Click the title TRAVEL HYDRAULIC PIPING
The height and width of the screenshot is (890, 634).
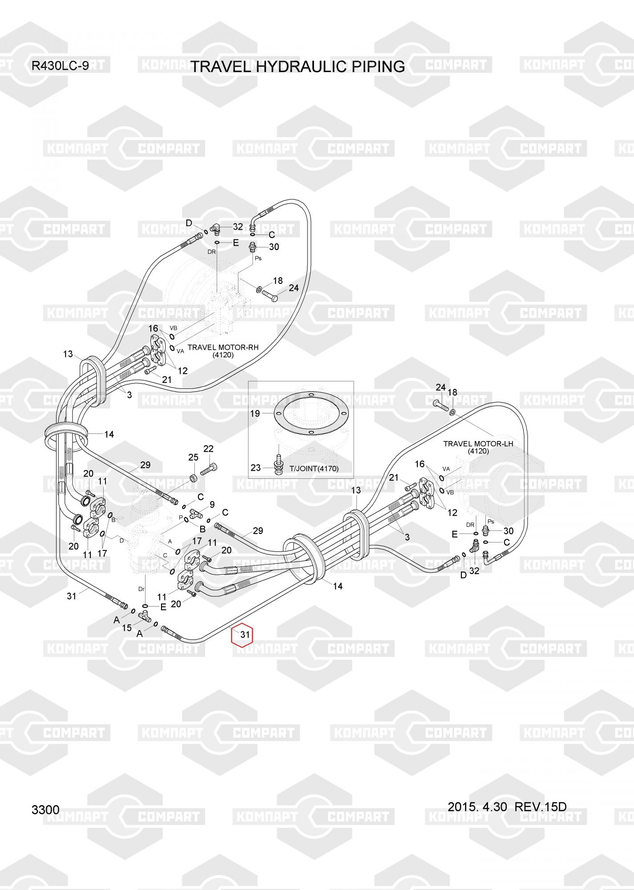pos(298,67)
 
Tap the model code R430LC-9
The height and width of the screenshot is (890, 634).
pos(60,66)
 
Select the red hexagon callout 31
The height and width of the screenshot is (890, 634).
pos(242,635)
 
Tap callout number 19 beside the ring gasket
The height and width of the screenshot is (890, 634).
pos(254,413)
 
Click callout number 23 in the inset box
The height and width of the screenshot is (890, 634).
pos(255,468)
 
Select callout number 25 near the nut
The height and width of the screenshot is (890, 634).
pos(193,457)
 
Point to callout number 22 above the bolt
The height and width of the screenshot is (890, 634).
pos(208,449)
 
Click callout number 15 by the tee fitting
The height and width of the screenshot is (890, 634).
pos(127,627)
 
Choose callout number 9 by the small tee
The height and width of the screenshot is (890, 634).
pos(212,505)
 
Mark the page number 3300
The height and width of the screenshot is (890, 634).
pos(45,809)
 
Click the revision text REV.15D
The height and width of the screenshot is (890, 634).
pos(541,806)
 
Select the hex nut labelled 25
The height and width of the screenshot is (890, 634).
pos(194,478)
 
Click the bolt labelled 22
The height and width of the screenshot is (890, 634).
pos(209,469)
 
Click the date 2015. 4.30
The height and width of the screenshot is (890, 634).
pos(477,806)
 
